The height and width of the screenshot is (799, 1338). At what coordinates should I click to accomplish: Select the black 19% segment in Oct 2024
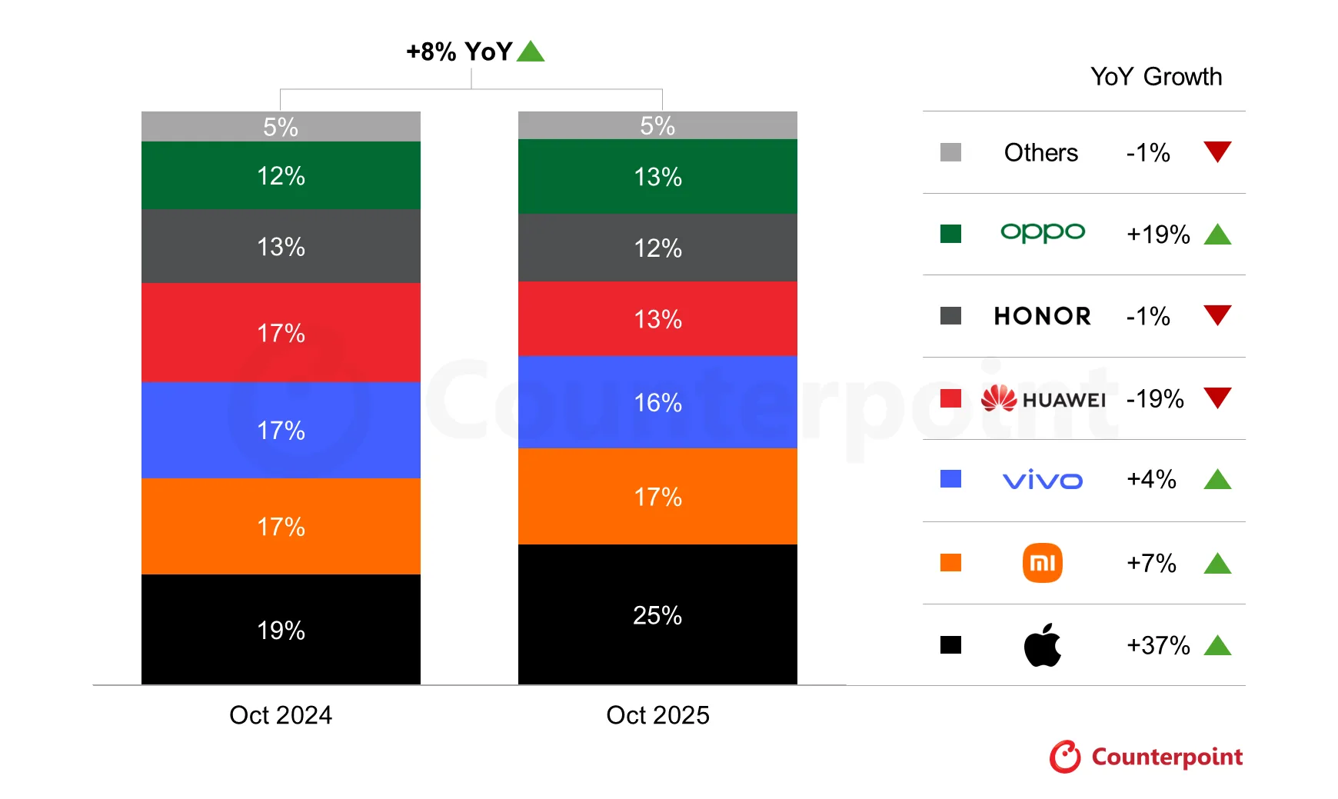point(281,629)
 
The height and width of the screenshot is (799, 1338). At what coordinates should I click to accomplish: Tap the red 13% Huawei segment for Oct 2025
point(657,318)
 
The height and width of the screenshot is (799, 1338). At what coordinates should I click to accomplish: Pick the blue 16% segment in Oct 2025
point(657,401)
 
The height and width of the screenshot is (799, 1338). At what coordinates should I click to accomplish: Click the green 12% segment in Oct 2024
point(281,175)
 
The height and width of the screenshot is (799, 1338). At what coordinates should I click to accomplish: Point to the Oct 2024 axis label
point(281,714)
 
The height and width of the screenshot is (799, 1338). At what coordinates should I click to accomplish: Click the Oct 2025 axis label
point(657,714)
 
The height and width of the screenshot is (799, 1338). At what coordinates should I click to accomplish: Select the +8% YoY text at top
point(459,52)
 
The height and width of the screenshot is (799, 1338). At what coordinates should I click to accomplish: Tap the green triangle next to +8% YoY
point(531,52)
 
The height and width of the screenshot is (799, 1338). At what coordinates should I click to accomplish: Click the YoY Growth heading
point(1156,76)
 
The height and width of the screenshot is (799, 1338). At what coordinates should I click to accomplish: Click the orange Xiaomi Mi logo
point(1042,563)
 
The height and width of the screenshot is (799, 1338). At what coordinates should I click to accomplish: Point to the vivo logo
point(1042,481)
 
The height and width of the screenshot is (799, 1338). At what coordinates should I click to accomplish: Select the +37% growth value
point(1158,644)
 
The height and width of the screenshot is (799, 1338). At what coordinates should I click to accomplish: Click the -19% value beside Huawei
point(1154,398)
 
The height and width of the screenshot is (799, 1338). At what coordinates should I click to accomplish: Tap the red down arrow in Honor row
point(1217,315)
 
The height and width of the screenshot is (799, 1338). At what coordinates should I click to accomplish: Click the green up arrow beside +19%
point(1217,235)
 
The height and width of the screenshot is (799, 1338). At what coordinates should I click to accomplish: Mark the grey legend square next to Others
point(950,152)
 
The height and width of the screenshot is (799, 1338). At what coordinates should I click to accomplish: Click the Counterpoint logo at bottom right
point(1146,757)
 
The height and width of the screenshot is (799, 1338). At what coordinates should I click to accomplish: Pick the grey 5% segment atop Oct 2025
point(657,125)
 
